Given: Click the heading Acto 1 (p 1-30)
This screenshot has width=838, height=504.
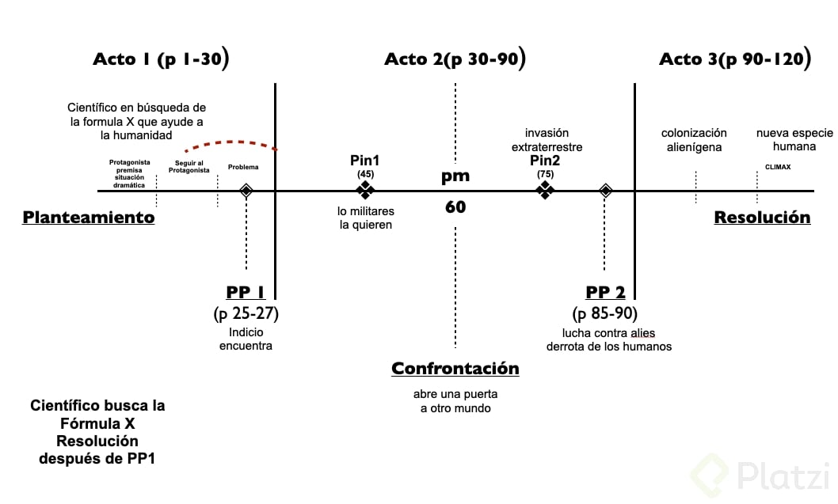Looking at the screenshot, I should click(161, 59).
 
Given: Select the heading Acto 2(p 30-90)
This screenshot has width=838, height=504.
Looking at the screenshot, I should click(455, 59).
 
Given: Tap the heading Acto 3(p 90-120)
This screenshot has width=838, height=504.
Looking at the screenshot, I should click(734, 59).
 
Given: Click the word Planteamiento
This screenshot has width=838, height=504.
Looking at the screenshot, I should click(89, 218).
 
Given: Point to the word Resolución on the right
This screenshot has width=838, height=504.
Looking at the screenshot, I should click(762, 218).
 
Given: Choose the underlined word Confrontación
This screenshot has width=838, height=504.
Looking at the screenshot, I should click(455, 369).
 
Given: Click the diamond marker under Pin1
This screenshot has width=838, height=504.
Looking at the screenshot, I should click(365, 190).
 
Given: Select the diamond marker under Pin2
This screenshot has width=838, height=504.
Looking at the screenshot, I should click(545, 190).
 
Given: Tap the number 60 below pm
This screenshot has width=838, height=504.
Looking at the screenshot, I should click(455, 207).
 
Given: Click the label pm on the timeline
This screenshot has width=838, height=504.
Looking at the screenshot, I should click(455, 176).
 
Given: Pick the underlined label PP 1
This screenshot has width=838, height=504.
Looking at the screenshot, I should click(246, 293).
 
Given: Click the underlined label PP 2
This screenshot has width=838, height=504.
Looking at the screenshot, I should click(605, 293).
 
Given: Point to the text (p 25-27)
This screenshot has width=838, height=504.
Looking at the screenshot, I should click(246, 313).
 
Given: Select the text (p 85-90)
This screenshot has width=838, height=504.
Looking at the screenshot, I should click(605, 313).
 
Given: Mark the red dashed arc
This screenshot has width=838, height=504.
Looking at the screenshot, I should click(230, 143).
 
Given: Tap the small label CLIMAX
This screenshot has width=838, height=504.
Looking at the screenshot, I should click(778, 167).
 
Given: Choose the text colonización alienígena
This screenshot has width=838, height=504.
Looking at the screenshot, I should click(695, 140).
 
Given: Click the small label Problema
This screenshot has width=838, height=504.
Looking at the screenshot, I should click(243, 167).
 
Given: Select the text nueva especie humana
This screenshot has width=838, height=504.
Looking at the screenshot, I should click(793, 140).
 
